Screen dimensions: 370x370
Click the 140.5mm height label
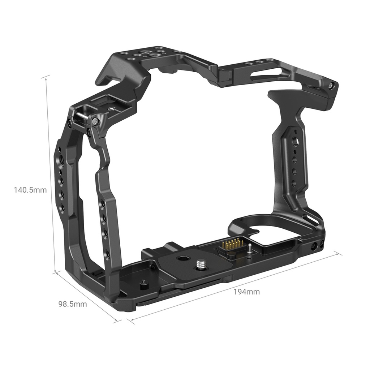click(30, 189)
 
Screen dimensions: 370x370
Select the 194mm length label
click(247, 292)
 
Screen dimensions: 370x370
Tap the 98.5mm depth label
click(73, 304)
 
